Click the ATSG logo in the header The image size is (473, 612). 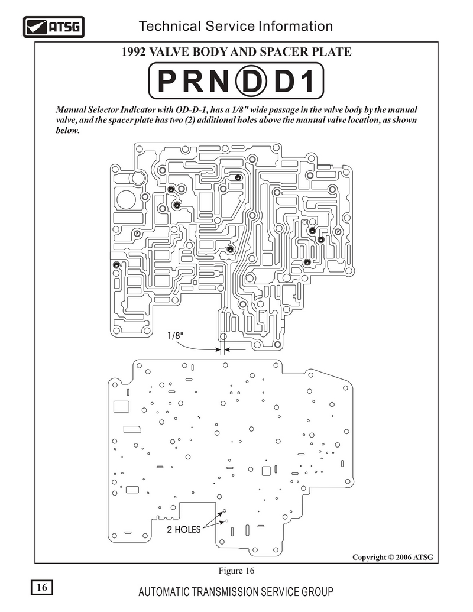click(54, 27)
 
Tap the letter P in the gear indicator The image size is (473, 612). click(167, 81)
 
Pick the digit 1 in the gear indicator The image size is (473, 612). click(307, 81)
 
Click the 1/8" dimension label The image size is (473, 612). click(175, 335)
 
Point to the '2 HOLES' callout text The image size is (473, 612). click(183, 529)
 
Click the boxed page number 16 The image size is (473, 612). click(42, 587)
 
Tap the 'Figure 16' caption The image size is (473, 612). click(236, 571)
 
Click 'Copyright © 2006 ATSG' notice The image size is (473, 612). click(393, 557)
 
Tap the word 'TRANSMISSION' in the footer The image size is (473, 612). click(225, 592)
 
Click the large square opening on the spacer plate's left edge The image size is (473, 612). click(121, 406)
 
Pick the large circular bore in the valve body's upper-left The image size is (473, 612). click(127, 200)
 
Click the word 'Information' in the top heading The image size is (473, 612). click(296, 26)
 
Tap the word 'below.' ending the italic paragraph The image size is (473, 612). click(67, 130)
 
